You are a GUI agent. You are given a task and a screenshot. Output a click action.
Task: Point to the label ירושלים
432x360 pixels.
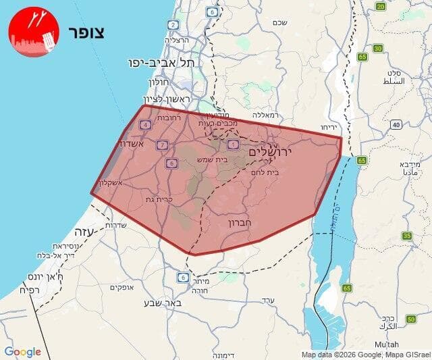(271, 153)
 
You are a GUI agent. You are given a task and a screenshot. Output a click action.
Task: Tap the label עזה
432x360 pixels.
(94, 232)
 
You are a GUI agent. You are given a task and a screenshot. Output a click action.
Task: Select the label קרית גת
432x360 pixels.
(159, 200)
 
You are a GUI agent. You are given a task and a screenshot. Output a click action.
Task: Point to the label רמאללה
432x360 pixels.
(265, 115)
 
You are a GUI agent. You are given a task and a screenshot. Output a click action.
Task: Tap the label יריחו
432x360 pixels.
(329, 127)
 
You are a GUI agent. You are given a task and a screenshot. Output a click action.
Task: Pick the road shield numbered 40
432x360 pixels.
(396, 125)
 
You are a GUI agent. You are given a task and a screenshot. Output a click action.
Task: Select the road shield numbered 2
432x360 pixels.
(173, 25)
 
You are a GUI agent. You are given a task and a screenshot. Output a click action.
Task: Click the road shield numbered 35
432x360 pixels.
(406, 236)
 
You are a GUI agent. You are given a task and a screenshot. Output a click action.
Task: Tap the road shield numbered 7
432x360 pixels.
(161, 145)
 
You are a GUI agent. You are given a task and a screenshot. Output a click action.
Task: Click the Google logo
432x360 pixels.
(23, 352)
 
